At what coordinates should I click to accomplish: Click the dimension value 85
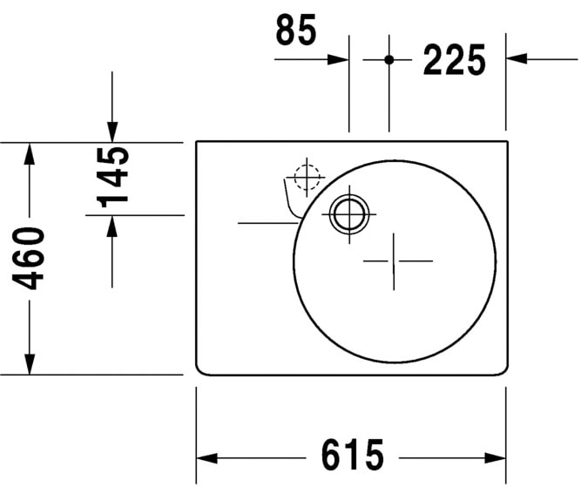coord(296,30)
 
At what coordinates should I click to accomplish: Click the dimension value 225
coord(453,60)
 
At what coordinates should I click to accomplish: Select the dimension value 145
coord(114,177)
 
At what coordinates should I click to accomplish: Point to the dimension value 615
coord(353,456)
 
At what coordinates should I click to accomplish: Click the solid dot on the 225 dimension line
coord(389,59)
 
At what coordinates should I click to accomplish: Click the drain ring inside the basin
coord(349,212)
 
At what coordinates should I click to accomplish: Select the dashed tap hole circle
coord(307,177)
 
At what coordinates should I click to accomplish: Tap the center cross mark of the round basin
coord(396,260)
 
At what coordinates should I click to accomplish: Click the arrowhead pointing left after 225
coord(517,59)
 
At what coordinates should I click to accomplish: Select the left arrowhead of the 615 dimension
coord(206,457)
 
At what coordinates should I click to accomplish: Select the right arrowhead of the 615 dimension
coord(497,457)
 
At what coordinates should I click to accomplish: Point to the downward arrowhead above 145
coord(111,131)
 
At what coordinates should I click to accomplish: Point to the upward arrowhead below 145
coord(111,225)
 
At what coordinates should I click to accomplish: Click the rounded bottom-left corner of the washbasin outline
coord(199,370)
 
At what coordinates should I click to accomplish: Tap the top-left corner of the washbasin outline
coord(197,142)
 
